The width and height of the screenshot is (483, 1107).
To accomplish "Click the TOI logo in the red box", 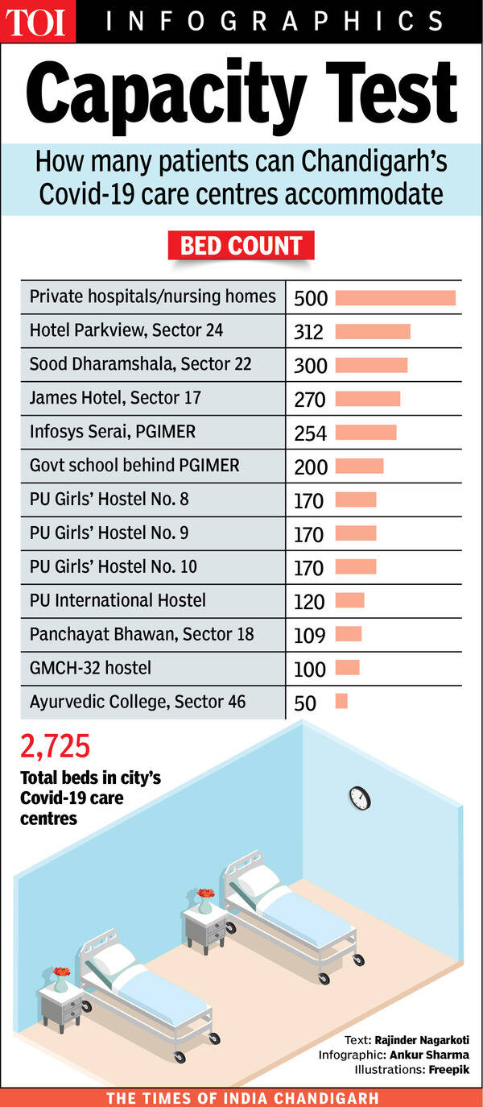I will click(x=37, y=22).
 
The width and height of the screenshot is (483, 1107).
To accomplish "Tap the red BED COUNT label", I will click(x=241, y=246).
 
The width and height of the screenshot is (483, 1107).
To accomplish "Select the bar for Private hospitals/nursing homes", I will click(x=395, y=298).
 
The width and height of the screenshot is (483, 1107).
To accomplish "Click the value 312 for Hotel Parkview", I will click(x=308, y=332).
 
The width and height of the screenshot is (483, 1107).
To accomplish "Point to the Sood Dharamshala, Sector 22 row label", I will click(x=140, y=364).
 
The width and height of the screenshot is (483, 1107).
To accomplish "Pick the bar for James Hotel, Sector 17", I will click(x=367, y=399).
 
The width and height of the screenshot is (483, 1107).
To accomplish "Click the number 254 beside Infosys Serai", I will click(x=310, y=433).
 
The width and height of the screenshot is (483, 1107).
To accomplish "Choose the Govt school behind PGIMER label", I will click(x=134, y=466).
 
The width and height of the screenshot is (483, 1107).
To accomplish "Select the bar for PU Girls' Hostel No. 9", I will click(x=355, y=533).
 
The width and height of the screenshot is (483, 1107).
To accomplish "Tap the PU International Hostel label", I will click(x=118, y=600).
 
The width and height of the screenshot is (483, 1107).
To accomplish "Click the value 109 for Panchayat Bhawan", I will click(x=309, y=636).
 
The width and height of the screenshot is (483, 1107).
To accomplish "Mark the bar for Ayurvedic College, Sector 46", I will click(x=341, y=702).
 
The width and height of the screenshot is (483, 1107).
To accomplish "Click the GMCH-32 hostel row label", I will click(x=90, y=668).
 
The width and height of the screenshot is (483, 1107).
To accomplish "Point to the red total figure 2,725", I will click(x=55, y=747).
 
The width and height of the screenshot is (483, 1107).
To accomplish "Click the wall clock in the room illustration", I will click(x=359, y=798).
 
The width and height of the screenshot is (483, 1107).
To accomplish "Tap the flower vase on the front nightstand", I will click(x=61, y=980).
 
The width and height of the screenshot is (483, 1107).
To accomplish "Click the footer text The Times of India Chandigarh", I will click(x=242, y=1097).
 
